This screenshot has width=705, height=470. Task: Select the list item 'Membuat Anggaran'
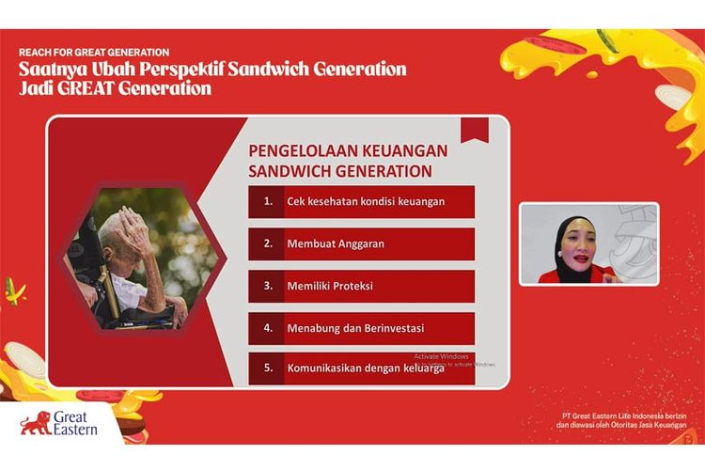pos(336,243)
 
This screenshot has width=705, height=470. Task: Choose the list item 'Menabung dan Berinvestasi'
pos(355,327)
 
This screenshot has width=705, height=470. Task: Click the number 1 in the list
pos(267,201)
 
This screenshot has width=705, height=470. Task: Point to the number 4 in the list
pos(267,327)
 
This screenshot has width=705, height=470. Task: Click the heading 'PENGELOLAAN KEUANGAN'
pos(348,150)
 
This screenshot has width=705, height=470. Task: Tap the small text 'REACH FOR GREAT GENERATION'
pos(94,52)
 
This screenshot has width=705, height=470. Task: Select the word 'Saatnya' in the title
pos(51,70)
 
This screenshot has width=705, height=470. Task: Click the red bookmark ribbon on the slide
pos(474,131)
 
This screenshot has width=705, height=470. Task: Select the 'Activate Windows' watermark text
pos(442,356)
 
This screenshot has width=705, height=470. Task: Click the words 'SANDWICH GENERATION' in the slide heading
pos(340,171)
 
